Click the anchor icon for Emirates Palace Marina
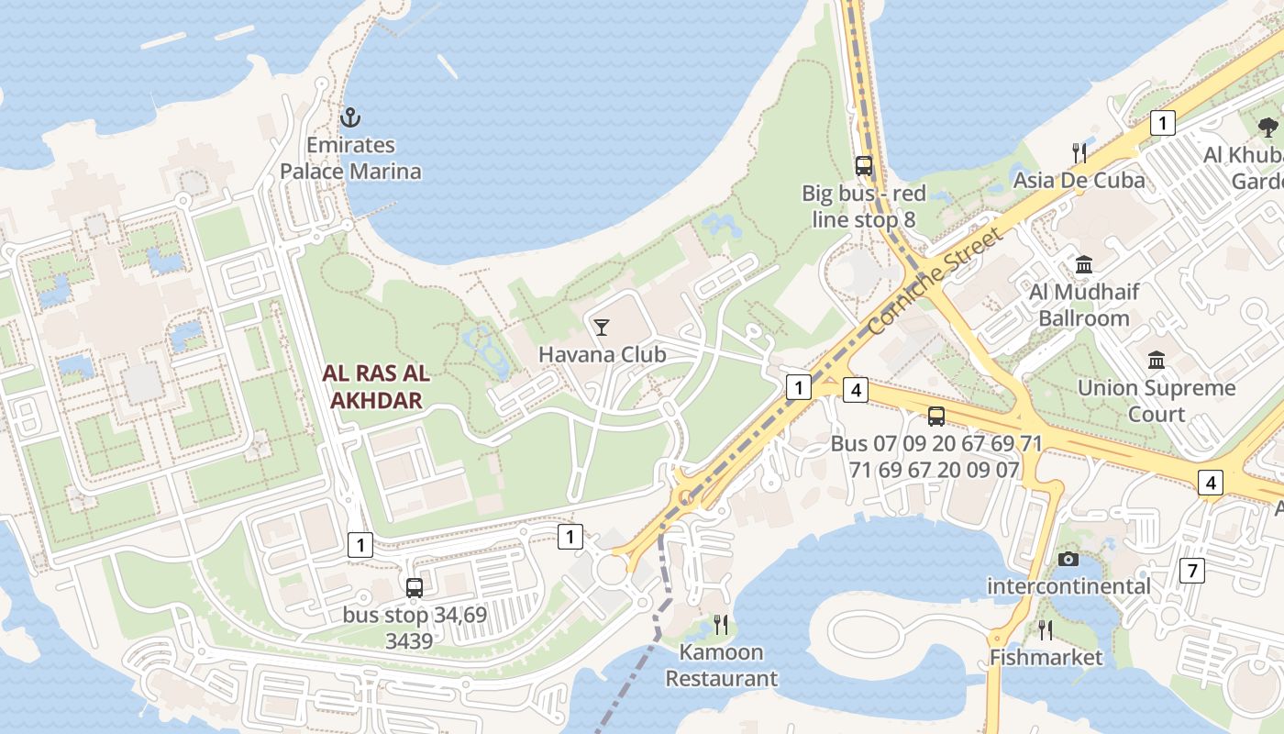(x=349, y=117)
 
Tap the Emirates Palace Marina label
(x=350, y=158)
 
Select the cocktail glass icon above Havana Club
(x=602, y=327)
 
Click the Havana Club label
(x=602, y=354)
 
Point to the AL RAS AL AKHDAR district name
(x=376, y=387)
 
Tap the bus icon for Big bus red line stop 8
(x=864, y=166)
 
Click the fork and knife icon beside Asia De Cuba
(x=1079, y=152)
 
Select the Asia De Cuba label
(x=1079, y=180)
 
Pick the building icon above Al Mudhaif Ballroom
(x=1084, y=265)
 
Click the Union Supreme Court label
(x=1157, y=400)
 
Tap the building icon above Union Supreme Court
(x=1157, y=360)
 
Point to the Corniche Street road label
(x=935, y=281)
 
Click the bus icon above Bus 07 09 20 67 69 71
(x=935, y=417)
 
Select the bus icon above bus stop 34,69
(x=415, y=587)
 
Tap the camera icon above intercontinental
(x=1068, y=559)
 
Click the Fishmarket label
(x=1046, y=658)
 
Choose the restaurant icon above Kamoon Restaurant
(x=721, y=625)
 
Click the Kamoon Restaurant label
(x=721, y=665)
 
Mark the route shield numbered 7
(x=1191, y=571)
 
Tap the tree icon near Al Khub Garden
(x=1268, y=127)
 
